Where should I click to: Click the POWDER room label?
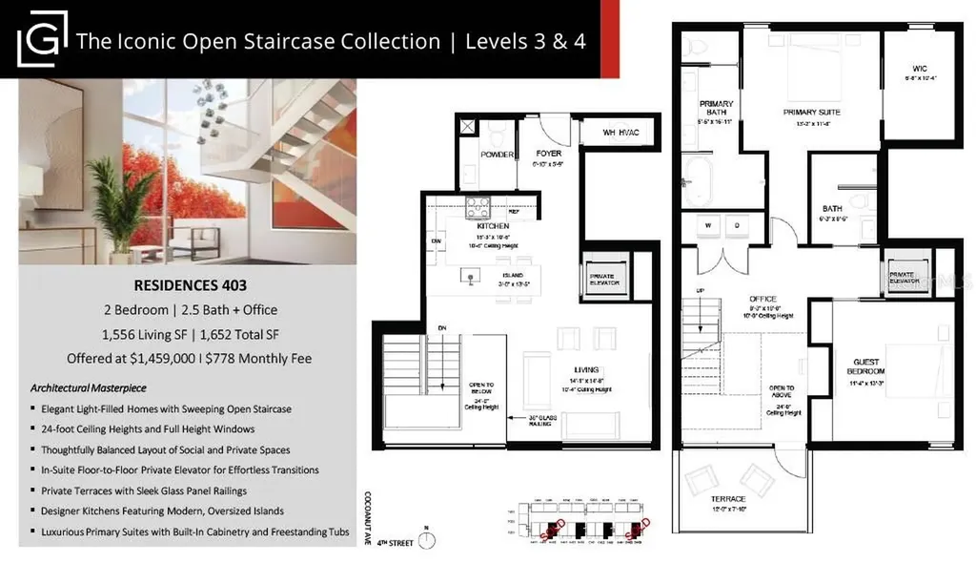coord(498,155)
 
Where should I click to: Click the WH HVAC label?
coord(624,133)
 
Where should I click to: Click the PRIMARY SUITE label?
coord(813,112)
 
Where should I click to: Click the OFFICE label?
coord(762,299)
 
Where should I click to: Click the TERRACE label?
coord(727,499)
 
